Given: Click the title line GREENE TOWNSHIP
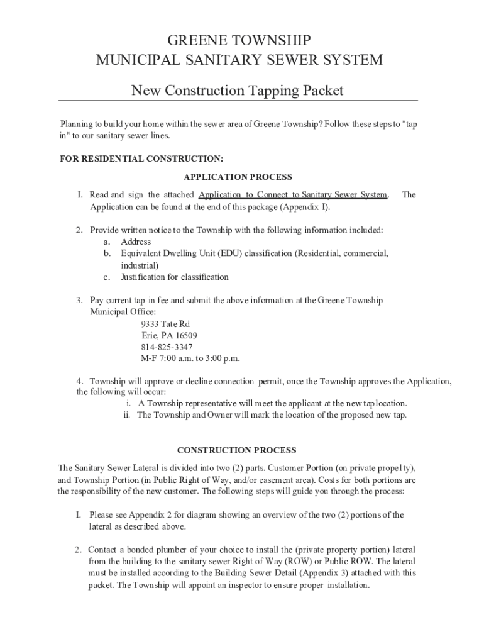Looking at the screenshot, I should (238, 41).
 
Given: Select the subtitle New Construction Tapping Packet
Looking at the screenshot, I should (238, 91).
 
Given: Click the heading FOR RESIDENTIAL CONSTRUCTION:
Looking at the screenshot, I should (141, 158).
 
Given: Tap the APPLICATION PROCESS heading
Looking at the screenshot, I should (238, 177).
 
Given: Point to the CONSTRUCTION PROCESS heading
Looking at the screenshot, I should (236, 450).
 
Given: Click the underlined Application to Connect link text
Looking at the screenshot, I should (292, 195).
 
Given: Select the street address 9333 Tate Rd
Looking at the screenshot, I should (165, 324).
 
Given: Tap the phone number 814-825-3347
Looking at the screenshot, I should (167, 347).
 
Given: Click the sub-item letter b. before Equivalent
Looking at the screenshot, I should (107, 253).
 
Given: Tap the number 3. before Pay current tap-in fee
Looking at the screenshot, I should (80, 301).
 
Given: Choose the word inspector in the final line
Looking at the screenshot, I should (280, 585).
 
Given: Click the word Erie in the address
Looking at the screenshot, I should (149, 336).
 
